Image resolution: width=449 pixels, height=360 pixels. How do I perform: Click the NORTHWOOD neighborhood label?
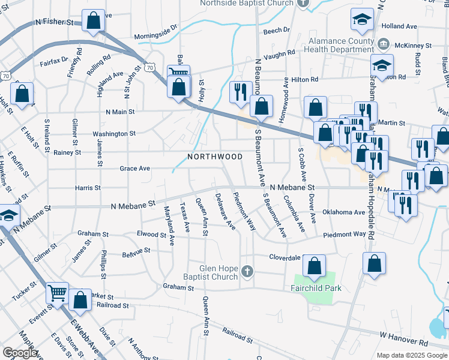tap(215, 157)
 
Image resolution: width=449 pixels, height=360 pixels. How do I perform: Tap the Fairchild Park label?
tap(318, 289)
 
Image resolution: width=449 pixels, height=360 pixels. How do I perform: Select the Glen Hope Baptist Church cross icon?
tap(247, 272)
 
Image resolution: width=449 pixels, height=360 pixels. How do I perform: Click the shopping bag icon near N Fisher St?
tap(94, 22)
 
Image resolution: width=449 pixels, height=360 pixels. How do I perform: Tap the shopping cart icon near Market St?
tap(58, 293)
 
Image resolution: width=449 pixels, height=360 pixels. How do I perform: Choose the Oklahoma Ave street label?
tap(343, 212)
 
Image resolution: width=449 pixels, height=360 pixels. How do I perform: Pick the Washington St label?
tap(114, 134)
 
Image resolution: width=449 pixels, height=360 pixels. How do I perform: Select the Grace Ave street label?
tap(134, 169)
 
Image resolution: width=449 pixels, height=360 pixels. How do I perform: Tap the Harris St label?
tap(88, 188)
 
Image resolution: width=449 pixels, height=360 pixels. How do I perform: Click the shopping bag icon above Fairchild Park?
tap(314, 265)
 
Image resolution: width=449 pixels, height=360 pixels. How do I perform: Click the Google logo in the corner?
tap(20, 353)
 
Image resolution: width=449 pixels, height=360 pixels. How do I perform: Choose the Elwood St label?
tap(147, 233)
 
